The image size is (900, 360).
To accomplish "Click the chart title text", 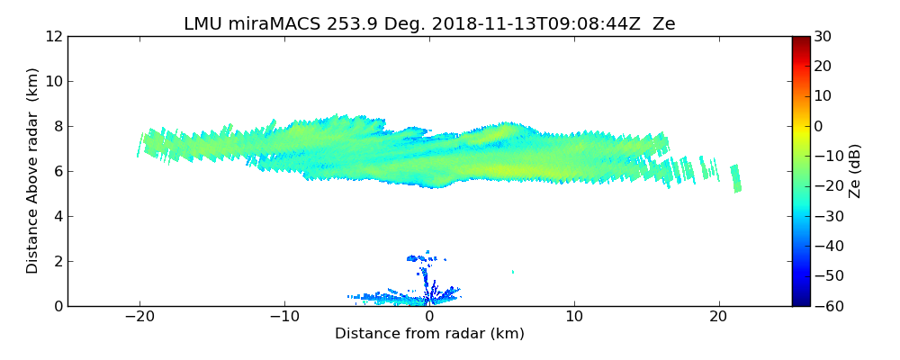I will (x=429, y=24).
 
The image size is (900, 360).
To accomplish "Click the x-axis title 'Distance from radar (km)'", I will (x=429, y=334).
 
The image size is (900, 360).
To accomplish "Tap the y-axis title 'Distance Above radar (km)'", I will (x=33, y=171).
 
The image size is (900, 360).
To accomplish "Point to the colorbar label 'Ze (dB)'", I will (x=855, y=171).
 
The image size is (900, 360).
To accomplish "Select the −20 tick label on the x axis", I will (x=139, y=318).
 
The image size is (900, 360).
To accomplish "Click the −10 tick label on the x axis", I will (x=283, y=318).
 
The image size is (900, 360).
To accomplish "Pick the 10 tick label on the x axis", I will (x=574, y=318).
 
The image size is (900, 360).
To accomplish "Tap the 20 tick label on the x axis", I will (x=718, y=318).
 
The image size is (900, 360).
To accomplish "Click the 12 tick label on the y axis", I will (x=52, y=37).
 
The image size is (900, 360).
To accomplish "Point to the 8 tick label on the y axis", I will (x=57, y=127).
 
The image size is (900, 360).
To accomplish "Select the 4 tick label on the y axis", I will (x=57, y=217).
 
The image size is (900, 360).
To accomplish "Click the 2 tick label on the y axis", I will (x=57, y=262).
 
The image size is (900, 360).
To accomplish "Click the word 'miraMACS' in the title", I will (x=270, y=24).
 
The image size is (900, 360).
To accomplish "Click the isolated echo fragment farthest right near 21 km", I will (x=736, y=178).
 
